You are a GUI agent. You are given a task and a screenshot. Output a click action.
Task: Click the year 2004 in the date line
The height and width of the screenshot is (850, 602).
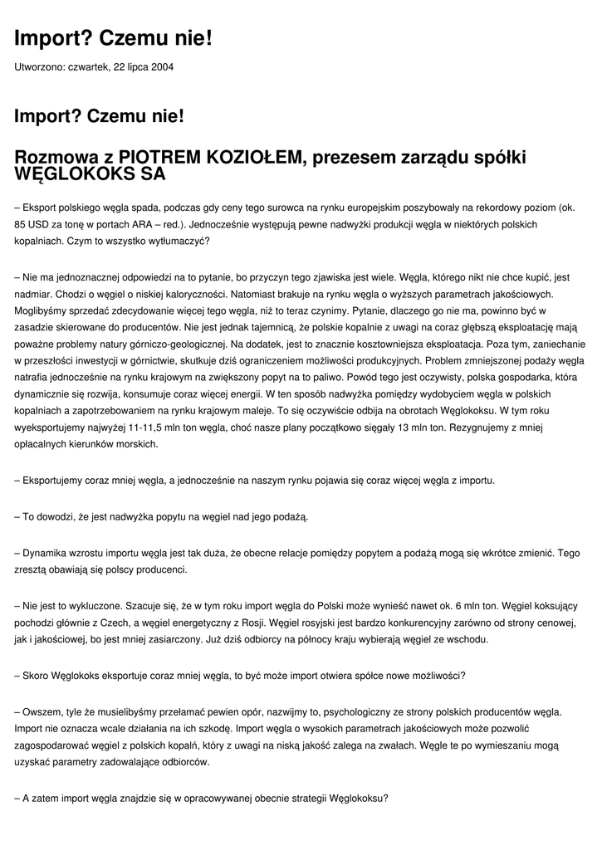(162, 66)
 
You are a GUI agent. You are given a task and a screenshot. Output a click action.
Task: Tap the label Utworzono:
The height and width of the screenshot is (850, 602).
(39, 66)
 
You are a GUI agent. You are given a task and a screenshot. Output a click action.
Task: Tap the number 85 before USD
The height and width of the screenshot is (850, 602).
(22, 224)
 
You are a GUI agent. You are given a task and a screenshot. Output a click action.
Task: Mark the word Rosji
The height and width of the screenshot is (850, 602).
(252, 623)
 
